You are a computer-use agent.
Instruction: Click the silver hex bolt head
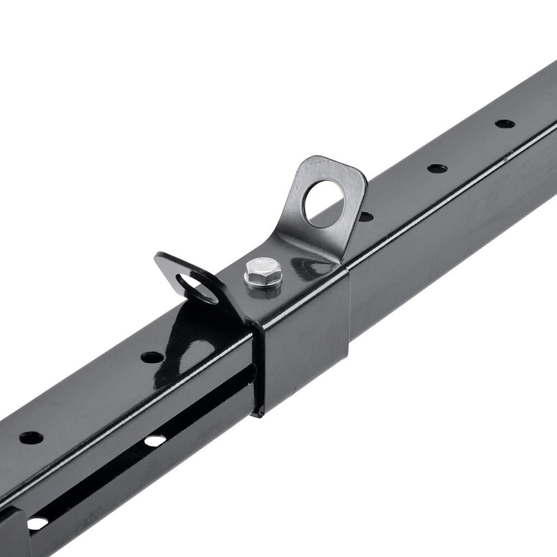click(x=263, y=269)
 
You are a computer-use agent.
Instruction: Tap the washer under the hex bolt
click(x=263, y=284)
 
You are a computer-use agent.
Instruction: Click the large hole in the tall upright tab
click(x=324, y=203)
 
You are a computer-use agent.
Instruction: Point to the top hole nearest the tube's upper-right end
click(x=505, y=124)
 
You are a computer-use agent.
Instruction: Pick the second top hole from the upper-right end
click(x=437, y=169)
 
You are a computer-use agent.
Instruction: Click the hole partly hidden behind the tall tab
click(x=366, y=216)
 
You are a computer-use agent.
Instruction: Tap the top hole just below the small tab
click(x=152, y=357)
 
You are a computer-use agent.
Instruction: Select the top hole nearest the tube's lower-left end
click(x=31, y=437)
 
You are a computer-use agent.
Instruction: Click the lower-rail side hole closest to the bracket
click(x=155, y=440)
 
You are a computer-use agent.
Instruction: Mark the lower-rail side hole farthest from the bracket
click(x=37, y=523)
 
